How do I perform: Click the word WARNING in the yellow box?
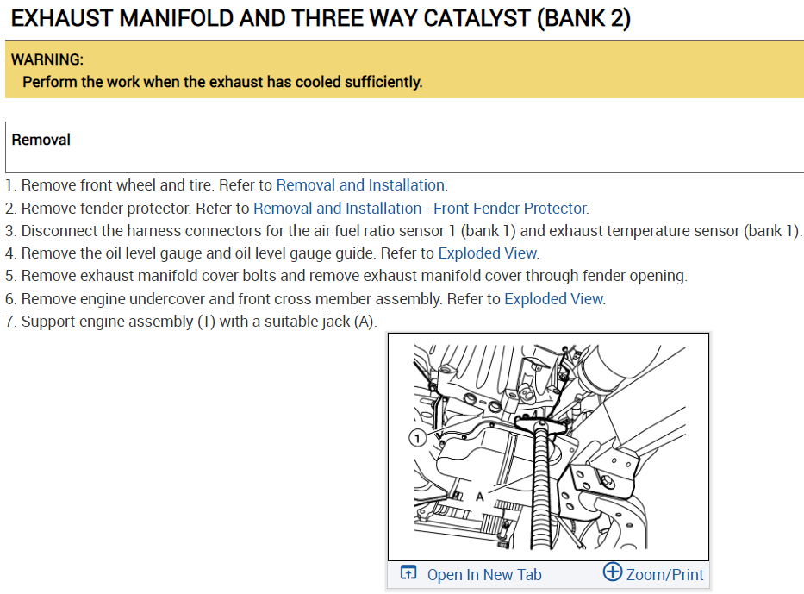pyautogui.click(x=47, y=60)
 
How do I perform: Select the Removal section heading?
pyautogui.click(x=41, y=140)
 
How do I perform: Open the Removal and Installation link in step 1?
pyautogui.click(x=360, y=185)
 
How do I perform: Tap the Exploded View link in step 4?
pyautogui.click(x=488, y=253)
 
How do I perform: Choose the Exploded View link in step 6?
pyautogui.click(x=553, y=299)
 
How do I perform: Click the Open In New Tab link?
pyautogui.click(x=484, y=575)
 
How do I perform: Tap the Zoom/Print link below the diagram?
pyautogui.click(x=664, y=575)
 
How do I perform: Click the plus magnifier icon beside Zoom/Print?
pyautogui.click(x=612, y=572)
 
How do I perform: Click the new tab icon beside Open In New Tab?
pyautogui.click(x=408, y=573)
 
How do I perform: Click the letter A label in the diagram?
pyautogui.click(x=480, y=497)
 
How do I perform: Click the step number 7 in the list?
pyautogui.click(x=9, y=322)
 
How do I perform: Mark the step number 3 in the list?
pyautogui.click(x=9, y=231)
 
